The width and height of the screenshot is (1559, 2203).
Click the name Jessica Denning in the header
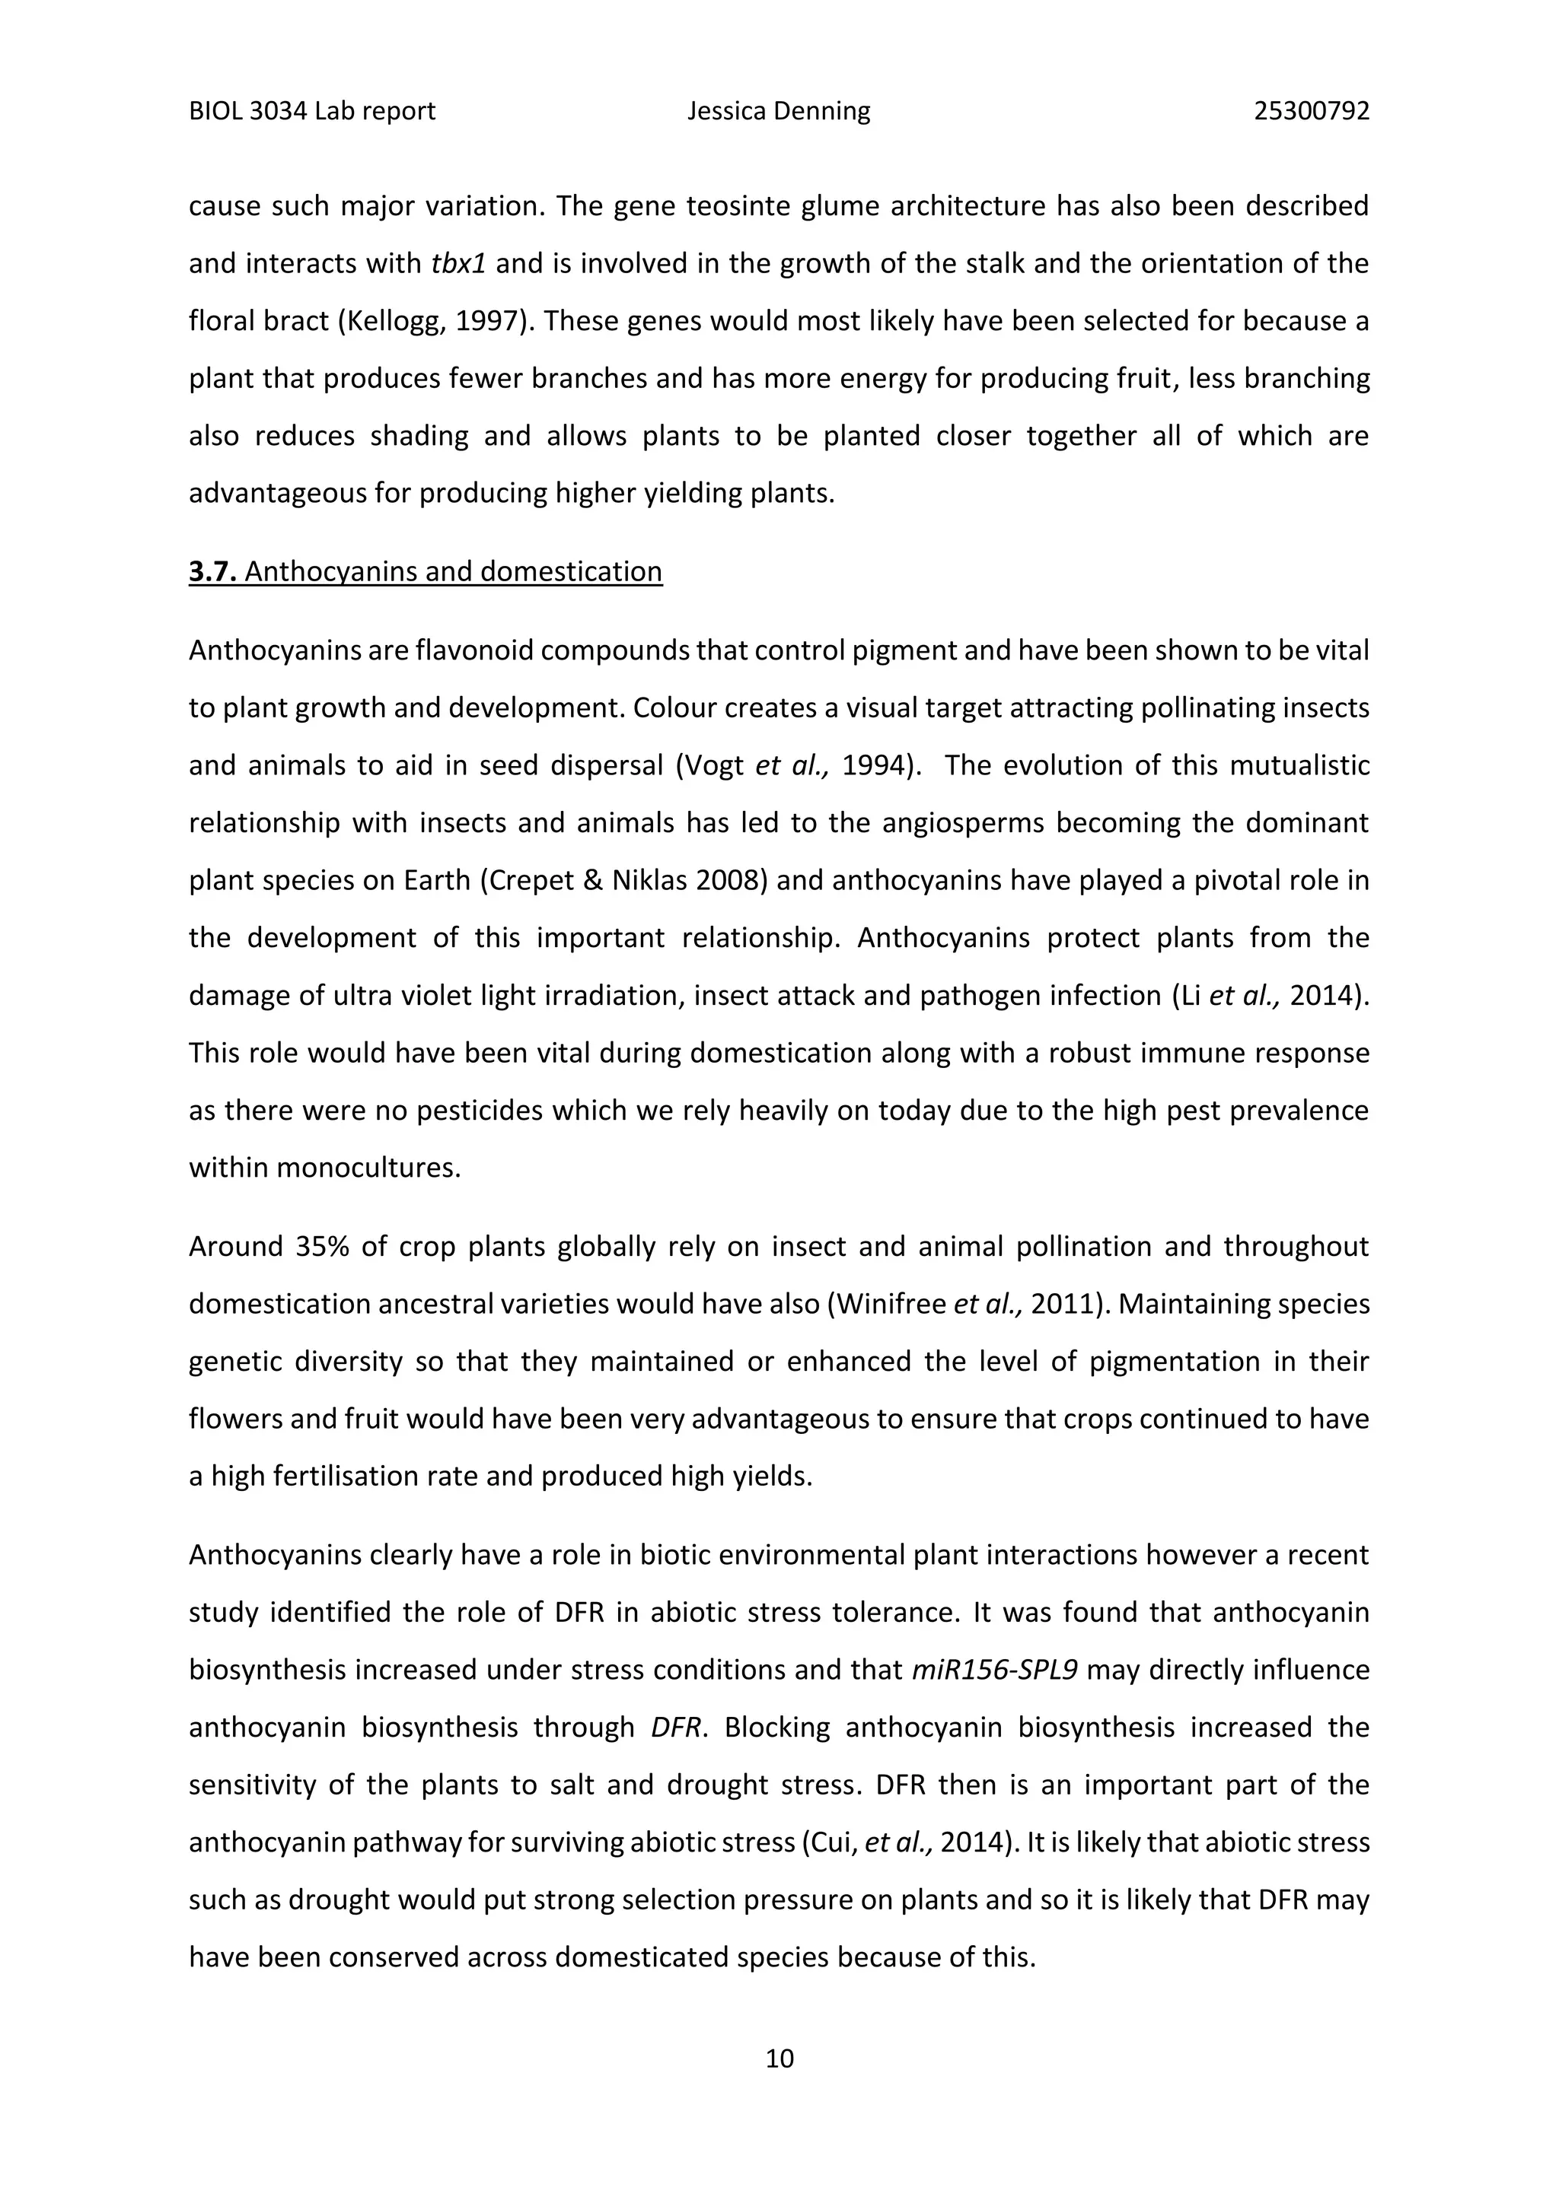pyautogui.click(x=779, y=111)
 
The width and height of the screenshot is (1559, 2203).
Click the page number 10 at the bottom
pyautogui.click(x=779, y=2058)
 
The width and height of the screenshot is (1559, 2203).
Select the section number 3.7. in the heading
pyautogui.click(x=212, y=572)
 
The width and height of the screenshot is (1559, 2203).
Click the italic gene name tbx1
pyautogui.click(x=459, y=264)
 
